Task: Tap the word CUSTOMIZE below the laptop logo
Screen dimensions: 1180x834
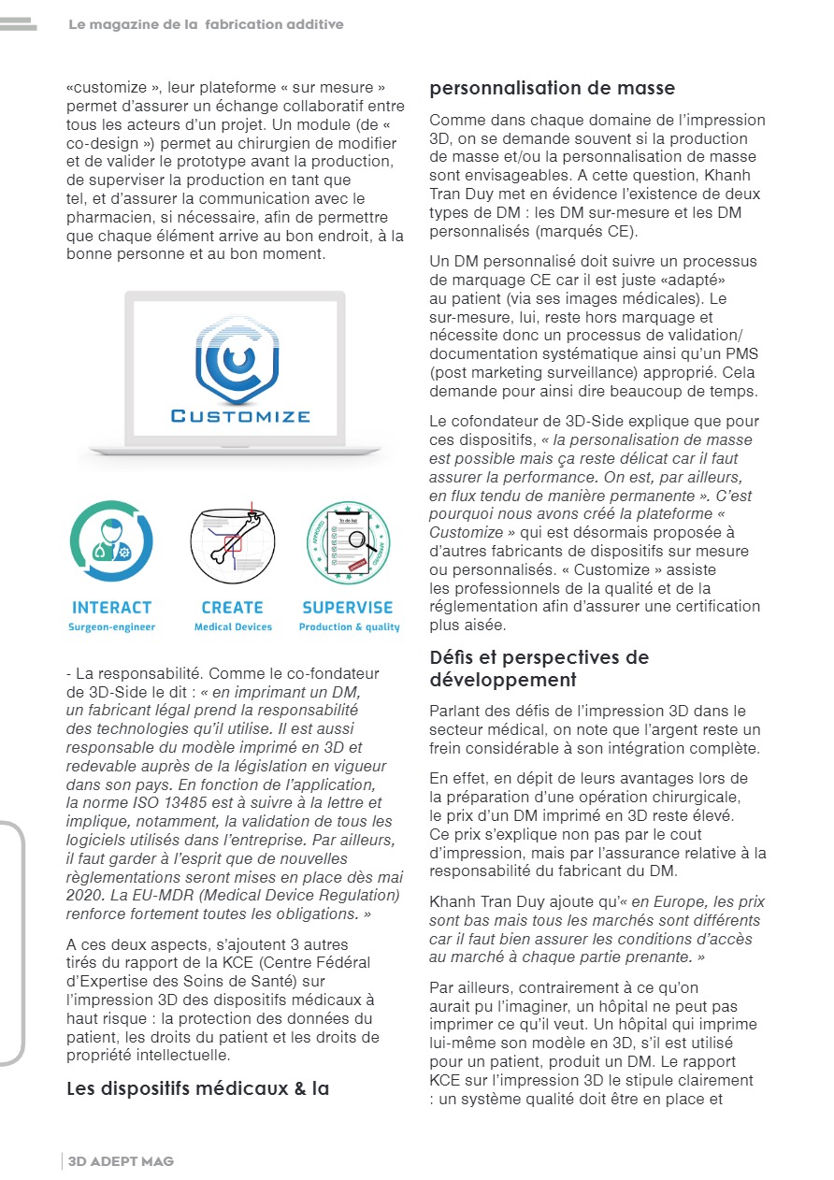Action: point(239,415)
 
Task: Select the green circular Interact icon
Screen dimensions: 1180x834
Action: point(111,542)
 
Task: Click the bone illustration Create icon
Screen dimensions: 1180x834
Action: point(233,543)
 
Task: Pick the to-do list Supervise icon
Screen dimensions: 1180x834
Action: point(349,543)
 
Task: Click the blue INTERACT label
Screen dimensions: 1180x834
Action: point(111,608)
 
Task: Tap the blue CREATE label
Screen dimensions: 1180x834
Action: point(233,608)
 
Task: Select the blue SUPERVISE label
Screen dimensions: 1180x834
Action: point(348,608)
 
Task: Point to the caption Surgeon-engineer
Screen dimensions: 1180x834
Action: point(111,627)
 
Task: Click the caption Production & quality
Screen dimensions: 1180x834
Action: point(349,627)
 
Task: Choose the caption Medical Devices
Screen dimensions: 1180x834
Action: point(233,627)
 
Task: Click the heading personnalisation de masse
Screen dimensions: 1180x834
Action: point(552,89)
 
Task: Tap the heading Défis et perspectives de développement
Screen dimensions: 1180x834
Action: point(539,668)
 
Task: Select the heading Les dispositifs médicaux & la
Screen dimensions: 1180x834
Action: point(198,1088)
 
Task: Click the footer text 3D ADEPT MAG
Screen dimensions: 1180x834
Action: point(121,1161)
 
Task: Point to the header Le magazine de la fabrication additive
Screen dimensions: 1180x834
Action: point(206,24)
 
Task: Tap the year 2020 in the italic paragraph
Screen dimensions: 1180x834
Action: point(86,896)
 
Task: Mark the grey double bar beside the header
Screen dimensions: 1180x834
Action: point(18,24)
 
